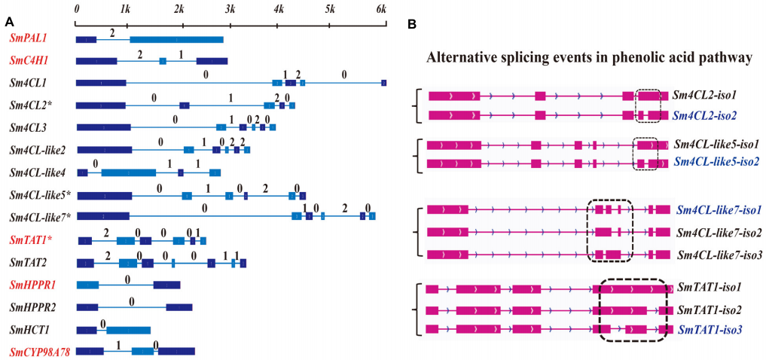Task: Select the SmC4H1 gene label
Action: pyautogui.click(x=26, y=61)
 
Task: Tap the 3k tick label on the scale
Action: pyautogui.click(x=230, y=10)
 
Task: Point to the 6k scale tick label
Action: pyautogui.click(x=381, y=10)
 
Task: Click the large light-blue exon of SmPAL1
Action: pyautogui.click(x=176, y=40)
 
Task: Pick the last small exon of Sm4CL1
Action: pyautogui.click(x=383, y=83)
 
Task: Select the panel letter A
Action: pyautogui.click(x=9, y=22)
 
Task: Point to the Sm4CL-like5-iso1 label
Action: pyautogui.click(x=716, y=145)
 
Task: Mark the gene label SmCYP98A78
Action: pyautogui.click(x=40, y=351)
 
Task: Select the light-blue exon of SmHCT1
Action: pyautogui.click(x=129, y=330)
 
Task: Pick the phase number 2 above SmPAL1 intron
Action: pyautogui.click(x=112, y=32)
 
